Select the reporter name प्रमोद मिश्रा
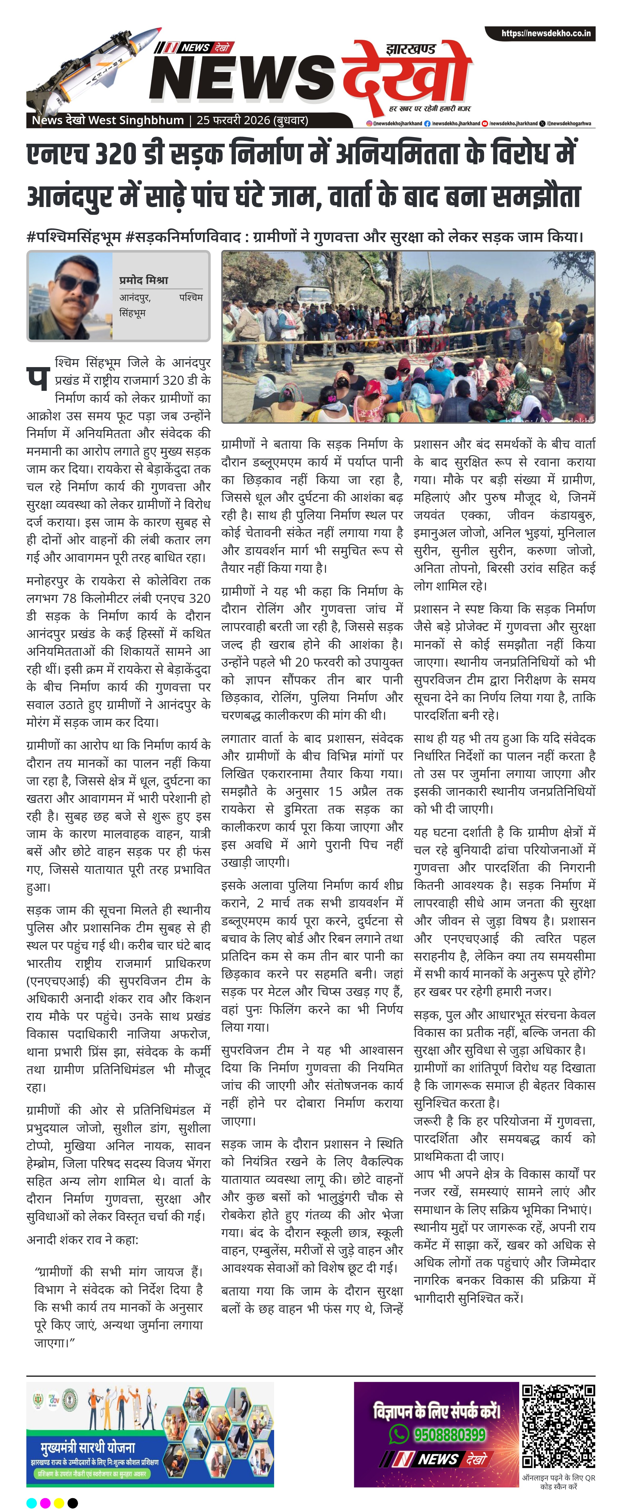coord(143,280)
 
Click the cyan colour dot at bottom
coord(32,1498)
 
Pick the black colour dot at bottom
coord(73,1498)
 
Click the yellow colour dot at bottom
coord(59,1498)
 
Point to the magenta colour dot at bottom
coord(46,1498)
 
